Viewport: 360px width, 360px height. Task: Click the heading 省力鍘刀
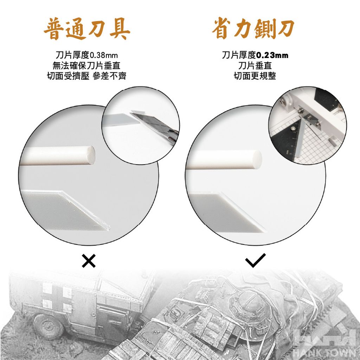[x=253, y=29]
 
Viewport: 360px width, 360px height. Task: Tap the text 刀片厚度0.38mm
[x=87, y=55]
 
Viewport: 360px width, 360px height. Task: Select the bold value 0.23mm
[x=272, y=55]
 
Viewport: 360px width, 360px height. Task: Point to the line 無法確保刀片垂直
[x=86, y=66]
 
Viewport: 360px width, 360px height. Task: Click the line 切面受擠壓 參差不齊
[x=86, y=76]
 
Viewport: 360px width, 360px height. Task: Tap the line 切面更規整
[x=255, y=76]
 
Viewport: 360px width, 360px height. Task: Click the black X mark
[x=89, y=261]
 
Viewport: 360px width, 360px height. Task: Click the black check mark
[x=255, y=261]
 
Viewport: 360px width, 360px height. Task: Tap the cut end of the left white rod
[x=91, y=155]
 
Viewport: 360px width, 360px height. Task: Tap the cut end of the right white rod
[x=257, y=160]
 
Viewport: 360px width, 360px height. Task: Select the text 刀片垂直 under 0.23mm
[x=255, y=66]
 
